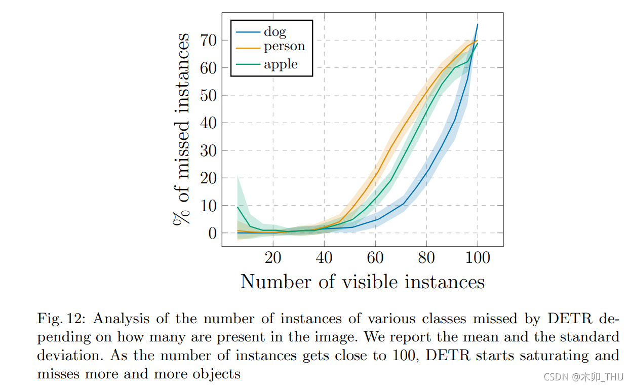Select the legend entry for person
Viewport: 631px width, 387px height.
(x=284, y=47)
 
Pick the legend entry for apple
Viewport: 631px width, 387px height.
(x=281, y=64)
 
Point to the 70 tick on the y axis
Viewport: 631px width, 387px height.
(x=209, y=40)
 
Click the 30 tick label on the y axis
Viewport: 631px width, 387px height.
(x=209, y=151)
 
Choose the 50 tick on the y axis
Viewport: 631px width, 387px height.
(x=209, y=95)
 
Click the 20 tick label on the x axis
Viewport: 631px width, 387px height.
(x=273, y=258)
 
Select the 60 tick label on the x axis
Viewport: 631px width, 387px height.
(x=375, y=258)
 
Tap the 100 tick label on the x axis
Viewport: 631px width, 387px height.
(x=478, y=258)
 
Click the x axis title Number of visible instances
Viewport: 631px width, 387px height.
(x=362, y=282)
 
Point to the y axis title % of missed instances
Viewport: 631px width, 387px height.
(x=181, y=129)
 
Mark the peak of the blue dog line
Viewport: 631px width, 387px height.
(x=478, y=24)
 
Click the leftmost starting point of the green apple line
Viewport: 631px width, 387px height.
(x=238, y=207)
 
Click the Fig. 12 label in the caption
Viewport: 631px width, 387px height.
(x=62, y=319)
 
